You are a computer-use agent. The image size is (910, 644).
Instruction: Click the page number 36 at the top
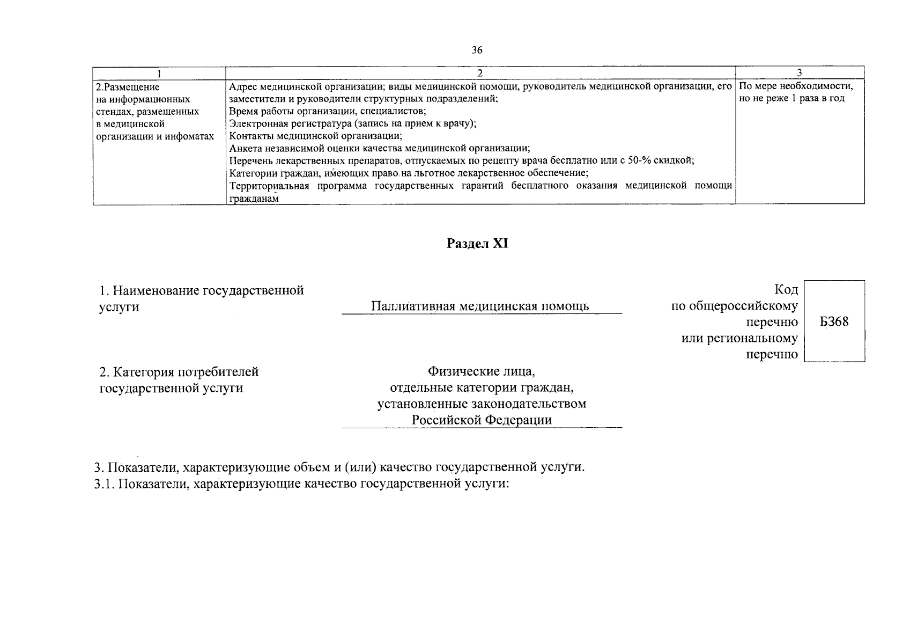click(x=477, y=50)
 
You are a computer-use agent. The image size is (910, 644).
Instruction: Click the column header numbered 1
click(x=159, y=74)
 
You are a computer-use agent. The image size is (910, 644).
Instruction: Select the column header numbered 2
click(x=479, y=74)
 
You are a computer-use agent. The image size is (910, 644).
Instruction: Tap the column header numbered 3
click(x=799, y=74)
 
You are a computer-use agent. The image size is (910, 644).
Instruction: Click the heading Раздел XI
click(x=477, y=244)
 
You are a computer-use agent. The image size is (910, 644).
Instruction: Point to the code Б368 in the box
click(x=834, y=322)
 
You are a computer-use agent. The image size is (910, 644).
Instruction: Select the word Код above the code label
click(x=786, y=290)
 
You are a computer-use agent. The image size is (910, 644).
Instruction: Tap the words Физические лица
click(x=481, y=371)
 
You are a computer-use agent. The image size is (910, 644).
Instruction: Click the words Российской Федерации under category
click(x=481, y=420)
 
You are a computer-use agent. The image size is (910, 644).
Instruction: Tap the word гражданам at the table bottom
click(x=254, y=199)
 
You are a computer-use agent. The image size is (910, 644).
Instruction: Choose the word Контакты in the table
click(x=248, y=136)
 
